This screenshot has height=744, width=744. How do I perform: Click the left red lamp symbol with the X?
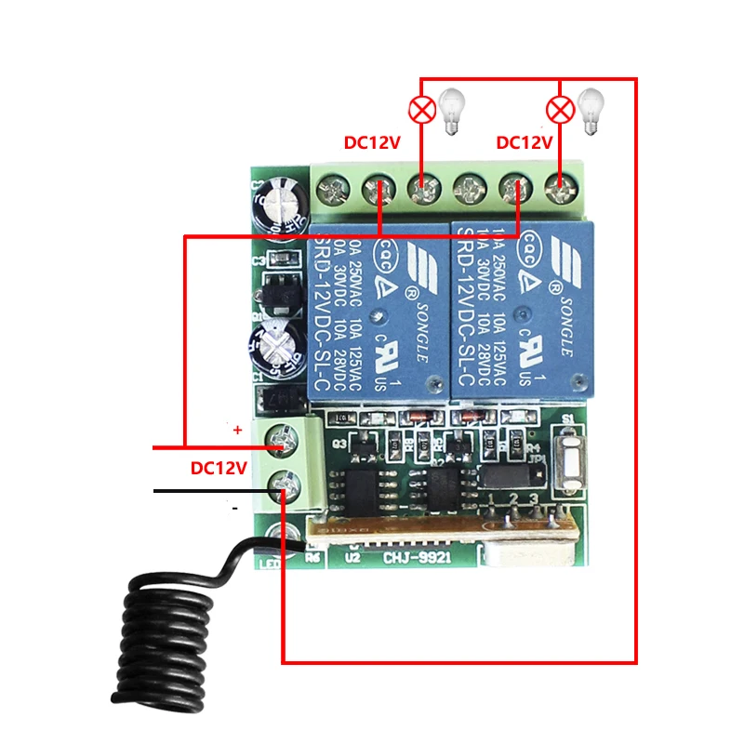pos(422,111)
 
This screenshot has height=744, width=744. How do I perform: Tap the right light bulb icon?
pos(591,112)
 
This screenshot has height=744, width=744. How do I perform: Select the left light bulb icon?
pos(452,112)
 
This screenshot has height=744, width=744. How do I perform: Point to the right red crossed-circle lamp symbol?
pos(560,111)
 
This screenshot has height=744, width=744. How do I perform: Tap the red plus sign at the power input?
pos(237,431)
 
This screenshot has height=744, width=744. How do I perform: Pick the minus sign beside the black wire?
pos(235,508)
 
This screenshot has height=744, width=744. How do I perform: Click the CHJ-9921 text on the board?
pos(414,558)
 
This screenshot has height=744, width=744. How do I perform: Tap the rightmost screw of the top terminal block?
pos(560,193)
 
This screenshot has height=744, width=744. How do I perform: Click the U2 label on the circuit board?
pos(352,558)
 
